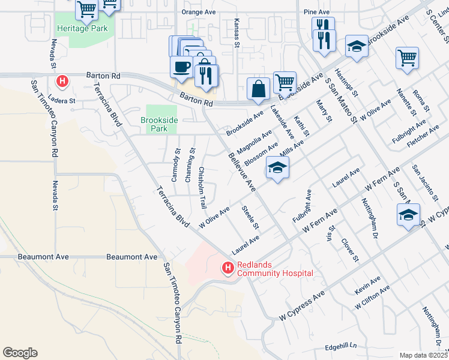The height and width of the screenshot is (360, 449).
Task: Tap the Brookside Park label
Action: (158, 124)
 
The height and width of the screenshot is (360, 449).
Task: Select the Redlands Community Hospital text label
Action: (275, 269)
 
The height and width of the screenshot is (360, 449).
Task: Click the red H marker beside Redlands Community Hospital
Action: (228, 268)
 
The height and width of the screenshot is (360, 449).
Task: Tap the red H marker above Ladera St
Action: (62, 80)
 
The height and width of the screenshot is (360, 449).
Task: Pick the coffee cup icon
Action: (181, 67)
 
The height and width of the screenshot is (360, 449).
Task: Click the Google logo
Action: (20, 353)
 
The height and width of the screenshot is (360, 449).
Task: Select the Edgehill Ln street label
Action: (340, 346)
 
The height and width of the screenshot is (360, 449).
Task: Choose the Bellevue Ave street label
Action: (243, 172)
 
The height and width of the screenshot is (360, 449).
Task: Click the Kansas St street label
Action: (237, 32)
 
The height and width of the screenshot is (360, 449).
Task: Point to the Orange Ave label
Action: (198, 11)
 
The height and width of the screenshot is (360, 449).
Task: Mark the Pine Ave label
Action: (316, 11)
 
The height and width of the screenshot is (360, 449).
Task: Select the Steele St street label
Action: (250, 218)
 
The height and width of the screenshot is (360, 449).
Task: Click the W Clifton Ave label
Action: (372, 296)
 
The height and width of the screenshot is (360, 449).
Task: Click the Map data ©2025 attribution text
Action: (423, 355)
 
